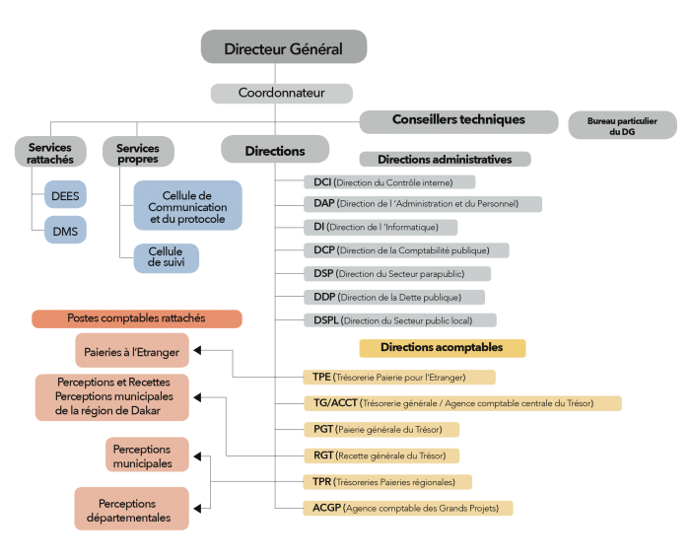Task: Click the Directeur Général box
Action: coord(284,46)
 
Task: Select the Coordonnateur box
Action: coord(282,93)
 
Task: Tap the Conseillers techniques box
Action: coord(458,122)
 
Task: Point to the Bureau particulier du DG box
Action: coord(622,125)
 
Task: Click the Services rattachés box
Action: coord(50,152)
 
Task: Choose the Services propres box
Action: coord(138,152)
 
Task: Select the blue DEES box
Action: coord(65,194)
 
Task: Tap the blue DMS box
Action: coord(65,230)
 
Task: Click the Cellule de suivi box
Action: coord(167,258)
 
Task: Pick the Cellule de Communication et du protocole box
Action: coord(188,205)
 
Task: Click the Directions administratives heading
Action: coord(445,160)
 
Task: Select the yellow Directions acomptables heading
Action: coord(443,348)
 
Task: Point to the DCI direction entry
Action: coord(389,182)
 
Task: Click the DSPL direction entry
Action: coord(400,320)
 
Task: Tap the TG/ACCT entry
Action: coord(462,403)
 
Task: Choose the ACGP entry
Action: coord(408,509)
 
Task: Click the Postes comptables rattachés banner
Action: coord(137,318)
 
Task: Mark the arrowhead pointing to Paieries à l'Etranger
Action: coord(197,350)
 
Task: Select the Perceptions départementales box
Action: coord(131,509)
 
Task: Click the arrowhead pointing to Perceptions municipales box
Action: coord(197,456)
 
